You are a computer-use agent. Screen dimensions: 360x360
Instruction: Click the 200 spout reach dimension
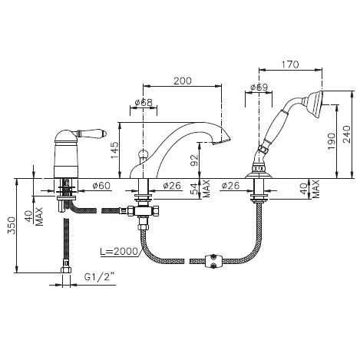pos(183,81)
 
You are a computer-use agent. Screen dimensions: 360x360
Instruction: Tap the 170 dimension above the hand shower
pos(291,64)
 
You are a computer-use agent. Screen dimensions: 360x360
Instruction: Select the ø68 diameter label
pos(144,102)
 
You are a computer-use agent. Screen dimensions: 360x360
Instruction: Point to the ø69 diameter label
pos(259,88)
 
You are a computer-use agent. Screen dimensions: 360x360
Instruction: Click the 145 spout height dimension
pos(115,150)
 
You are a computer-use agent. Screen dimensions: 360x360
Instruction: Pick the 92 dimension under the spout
pos(195,160)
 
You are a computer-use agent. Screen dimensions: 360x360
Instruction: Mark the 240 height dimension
pos(346,134)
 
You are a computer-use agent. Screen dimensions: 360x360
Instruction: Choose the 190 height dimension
pos(332,141)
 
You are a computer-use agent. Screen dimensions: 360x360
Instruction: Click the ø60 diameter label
pos(101,186)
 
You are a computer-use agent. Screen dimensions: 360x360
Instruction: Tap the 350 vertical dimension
pos(12,226)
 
